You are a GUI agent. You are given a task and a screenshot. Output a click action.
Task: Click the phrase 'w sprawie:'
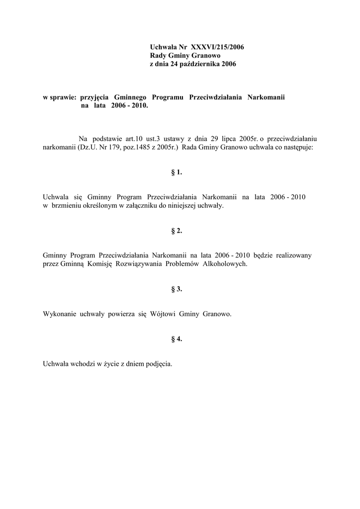[60, 97]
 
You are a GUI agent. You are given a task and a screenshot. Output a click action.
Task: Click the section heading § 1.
[177, 172]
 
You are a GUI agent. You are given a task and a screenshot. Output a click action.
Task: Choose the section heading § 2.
[177, 231]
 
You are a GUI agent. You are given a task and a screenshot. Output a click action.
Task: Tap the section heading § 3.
[177, 289]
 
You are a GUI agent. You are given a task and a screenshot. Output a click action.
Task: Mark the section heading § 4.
[177, 339]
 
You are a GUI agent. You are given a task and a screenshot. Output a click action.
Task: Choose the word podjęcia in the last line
[159, 364]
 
